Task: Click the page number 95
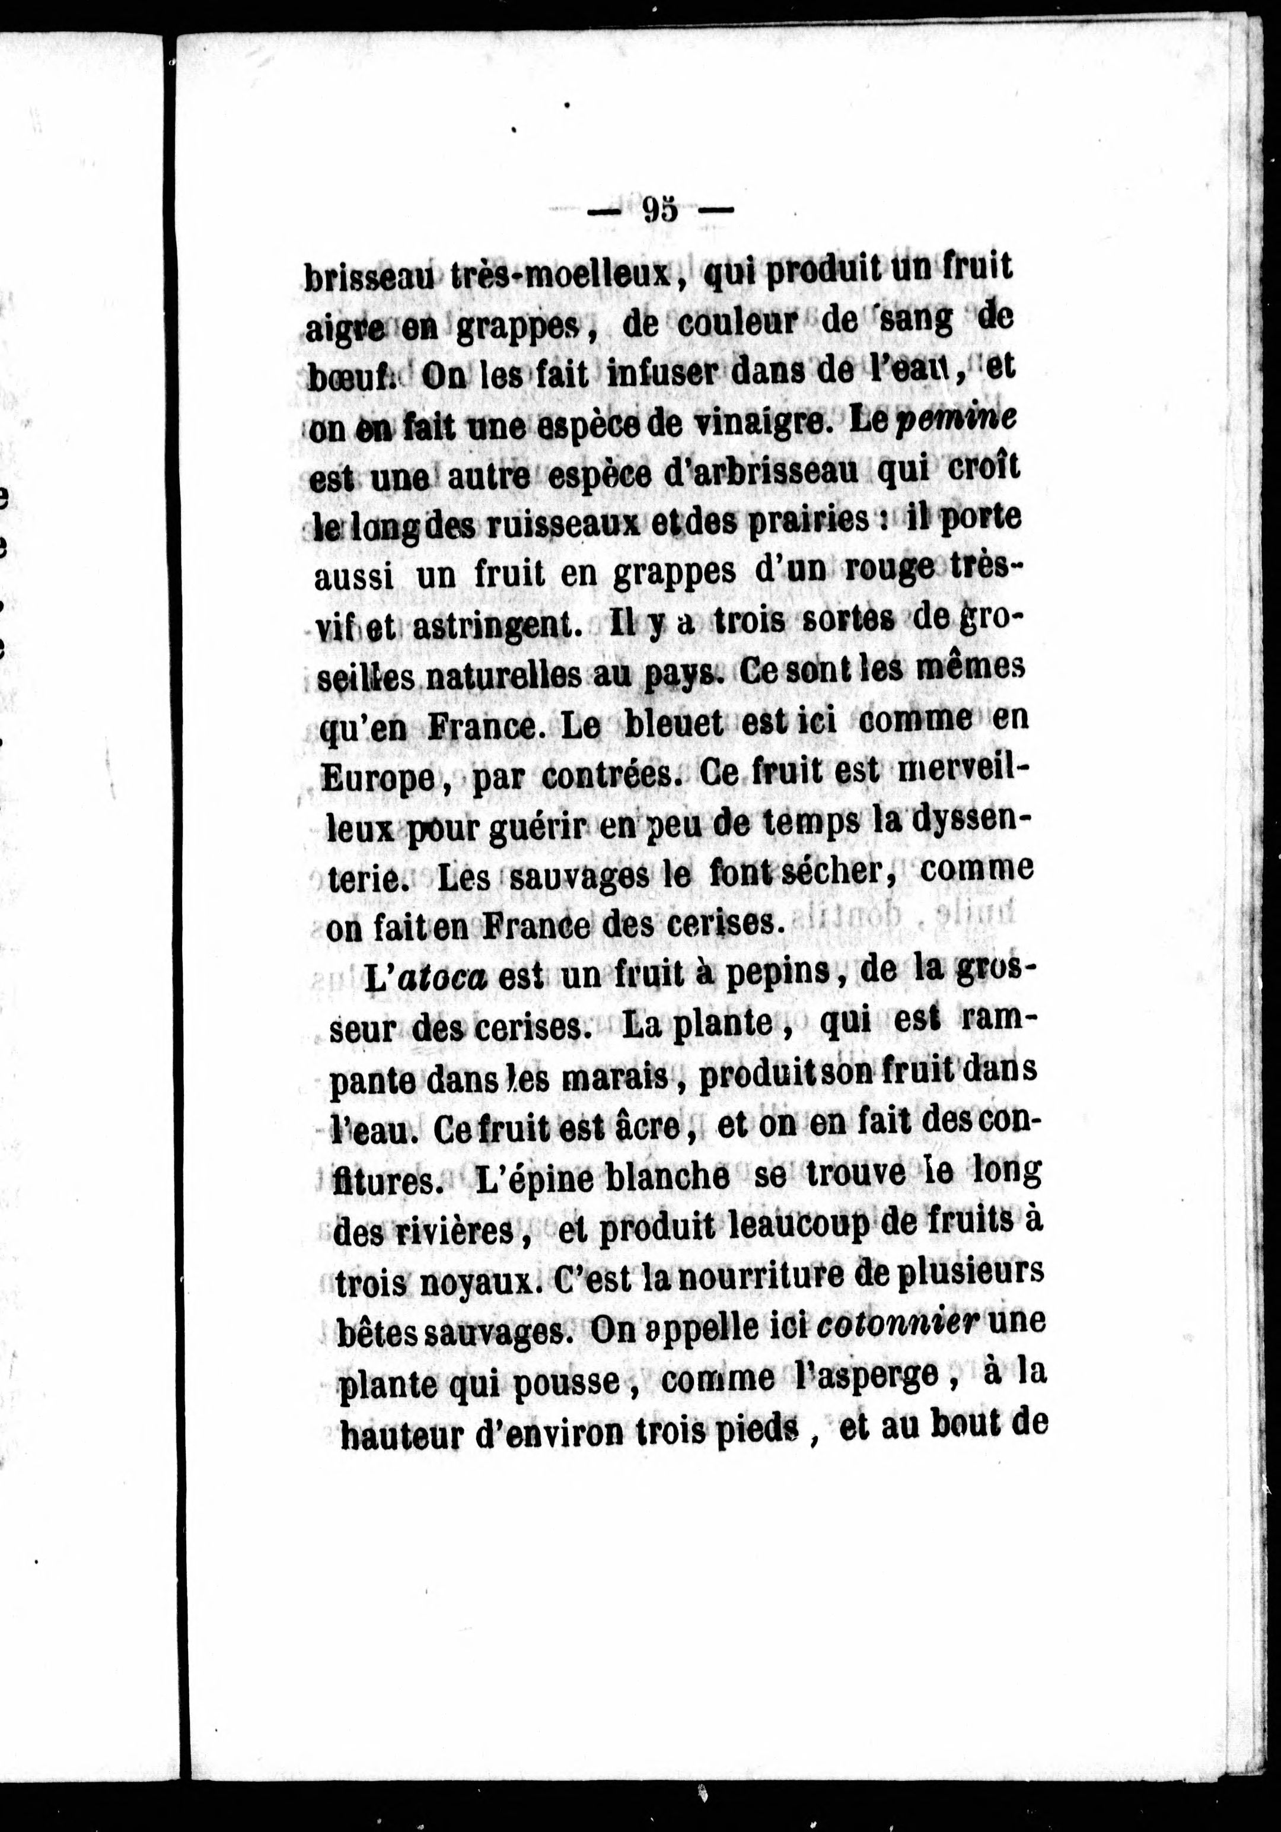click(x=659, y=210)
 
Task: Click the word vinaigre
click(x=751, y=424)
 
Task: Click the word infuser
click(x=674, y=373)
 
